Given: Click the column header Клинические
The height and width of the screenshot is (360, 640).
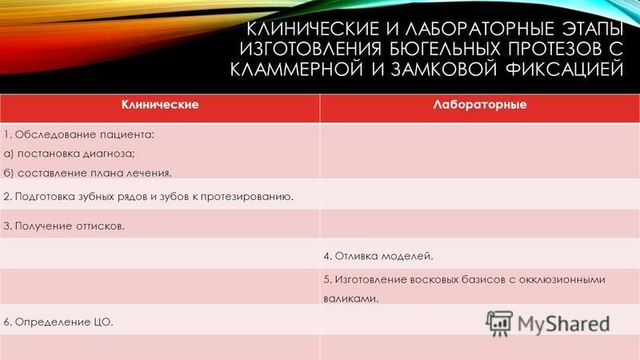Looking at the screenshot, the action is click(160, 105).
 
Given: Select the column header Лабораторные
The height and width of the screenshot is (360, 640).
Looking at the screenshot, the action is click(480, 105).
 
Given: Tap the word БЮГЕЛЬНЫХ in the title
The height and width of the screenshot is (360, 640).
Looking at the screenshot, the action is click(444, 49).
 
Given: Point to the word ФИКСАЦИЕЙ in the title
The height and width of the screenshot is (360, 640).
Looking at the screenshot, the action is click(565, 69).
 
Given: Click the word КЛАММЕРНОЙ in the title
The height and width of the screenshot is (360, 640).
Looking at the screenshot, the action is click(296, 69).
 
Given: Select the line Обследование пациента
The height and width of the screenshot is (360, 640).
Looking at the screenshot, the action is click(78, 134).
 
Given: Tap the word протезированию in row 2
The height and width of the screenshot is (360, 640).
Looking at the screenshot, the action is click(247, 197).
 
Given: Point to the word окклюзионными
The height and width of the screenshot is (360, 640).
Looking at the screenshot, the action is click(562, 279).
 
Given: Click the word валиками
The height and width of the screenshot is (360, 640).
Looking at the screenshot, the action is click(351, 298).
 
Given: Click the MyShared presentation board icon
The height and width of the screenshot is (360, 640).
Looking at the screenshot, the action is click(498, 323).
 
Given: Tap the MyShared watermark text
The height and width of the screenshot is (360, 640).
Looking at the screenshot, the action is click(563, 324).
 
